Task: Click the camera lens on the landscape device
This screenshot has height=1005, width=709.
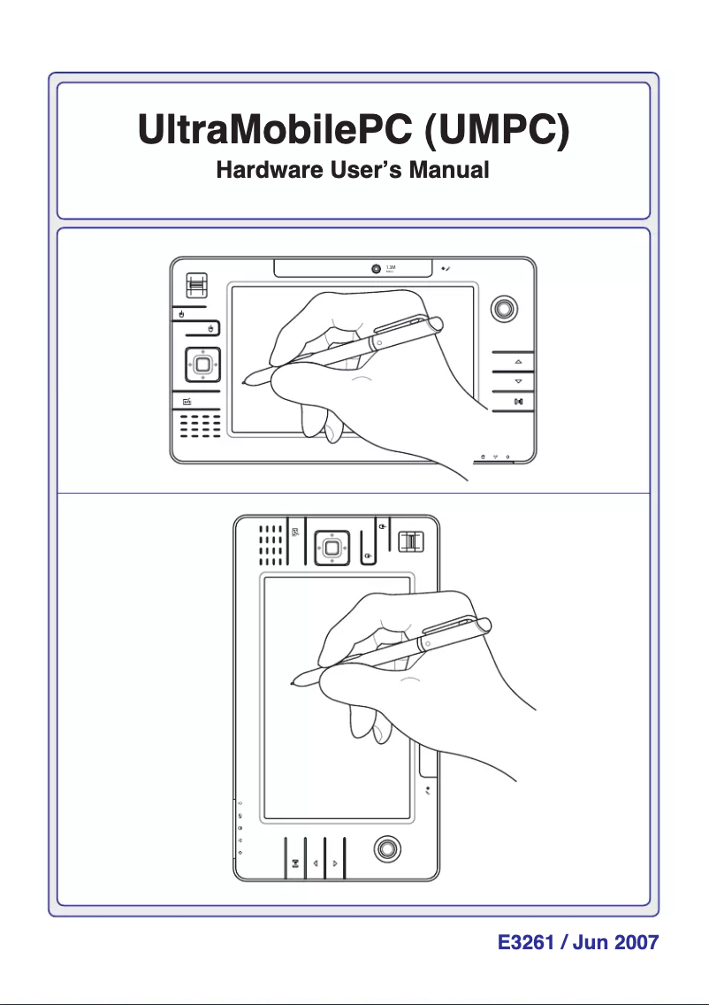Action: coord(376,268)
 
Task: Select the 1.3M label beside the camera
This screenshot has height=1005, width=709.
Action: coord(391,266)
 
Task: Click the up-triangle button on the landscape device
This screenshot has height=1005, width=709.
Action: coord(518,362)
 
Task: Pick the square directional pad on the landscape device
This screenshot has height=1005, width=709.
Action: coord(202,364)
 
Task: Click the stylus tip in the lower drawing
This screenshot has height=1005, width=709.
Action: coord(293,683)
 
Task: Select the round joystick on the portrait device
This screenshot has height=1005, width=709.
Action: coord(385,847)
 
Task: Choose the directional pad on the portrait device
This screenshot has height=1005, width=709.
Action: coord(330,549)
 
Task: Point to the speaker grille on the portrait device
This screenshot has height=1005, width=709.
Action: coord(271,545)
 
